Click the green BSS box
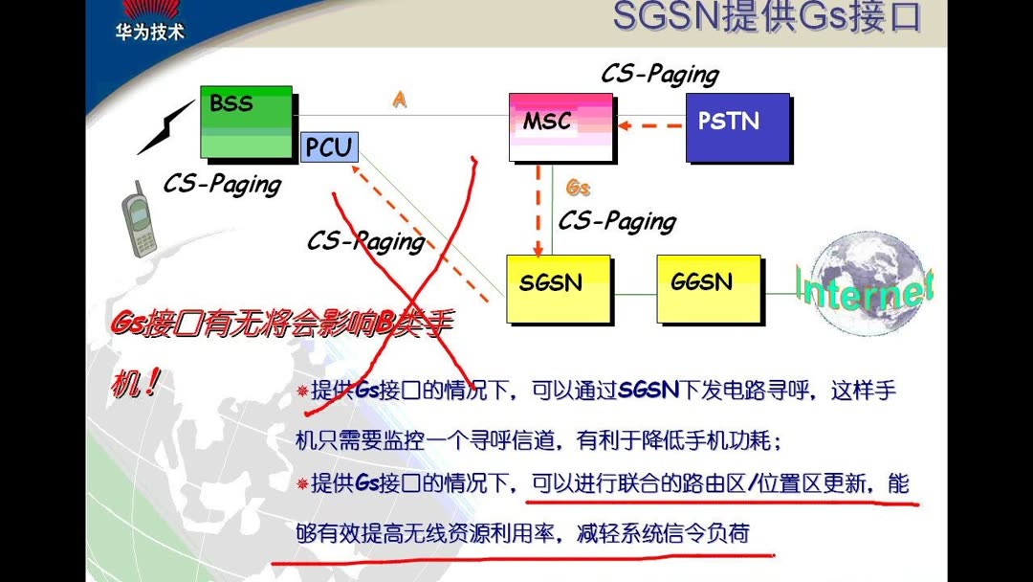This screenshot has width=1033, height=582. click(x=247, y=122)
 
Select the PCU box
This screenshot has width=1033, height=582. click(x=328, y=147)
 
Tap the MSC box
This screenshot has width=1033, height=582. click(x=560, y=124)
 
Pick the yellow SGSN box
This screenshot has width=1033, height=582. click(x=558, y=287)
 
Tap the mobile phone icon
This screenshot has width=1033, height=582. click(x=139, y=222)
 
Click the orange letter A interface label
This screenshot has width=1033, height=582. click(x=399, y=100)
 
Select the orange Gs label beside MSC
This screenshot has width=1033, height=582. click(x=579, y=188)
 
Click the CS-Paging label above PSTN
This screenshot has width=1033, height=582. click(x=659, y=74)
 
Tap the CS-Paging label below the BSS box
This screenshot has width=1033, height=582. click(x=222, y=183)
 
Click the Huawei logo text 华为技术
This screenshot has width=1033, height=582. click(x=150, y=31)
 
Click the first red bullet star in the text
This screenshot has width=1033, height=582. click(x=302, y=392)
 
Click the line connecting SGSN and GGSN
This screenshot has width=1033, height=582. click(x=634, y=294)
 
